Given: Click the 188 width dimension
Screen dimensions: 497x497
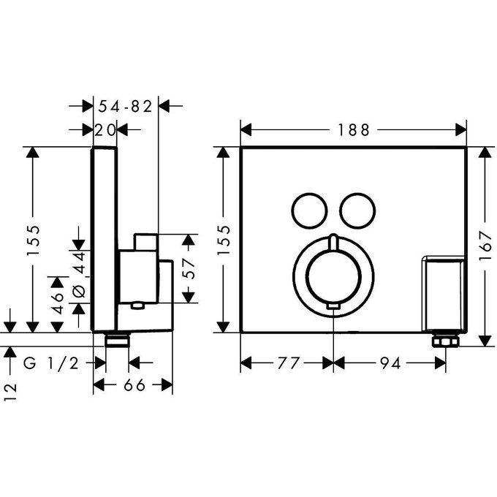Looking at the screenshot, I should (354, 130).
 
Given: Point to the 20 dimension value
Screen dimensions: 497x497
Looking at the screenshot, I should (106, 130).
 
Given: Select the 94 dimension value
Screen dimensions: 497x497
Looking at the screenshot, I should (390, 363).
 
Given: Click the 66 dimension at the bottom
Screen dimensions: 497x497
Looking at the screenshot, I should (133, 385).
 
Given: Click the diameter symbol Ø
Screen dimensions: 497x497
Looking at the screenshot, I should (80, 291).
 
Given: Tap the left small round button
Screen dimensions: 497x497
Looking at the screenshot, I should (306, 210).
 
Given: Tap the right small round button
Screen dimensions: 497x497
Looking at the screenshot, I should (356, 210).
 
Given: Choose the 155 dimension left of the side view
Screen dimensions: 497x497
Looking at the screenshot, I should (32, 240).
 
